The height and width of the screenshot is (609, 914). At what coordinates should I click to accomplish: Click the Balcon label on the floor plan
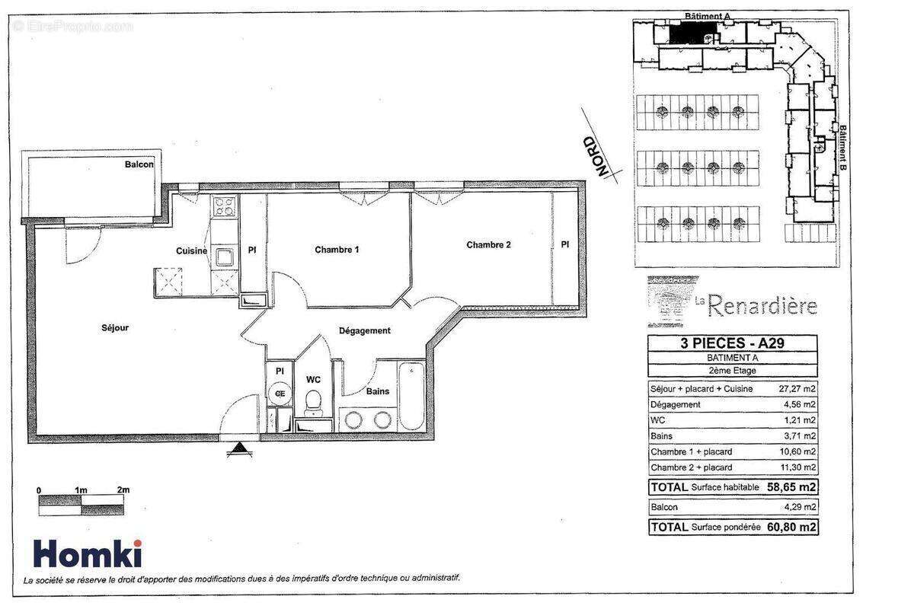tap(139, 164)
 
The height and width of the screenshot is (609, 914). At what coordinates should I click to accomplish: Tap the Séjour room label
tap(115, 328)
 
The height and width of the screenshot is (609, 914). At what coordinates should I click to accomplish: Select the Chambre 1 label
tap(337, 250)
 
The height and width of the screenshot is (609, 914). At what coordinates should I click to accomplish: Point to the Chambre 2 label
tap(488, 245)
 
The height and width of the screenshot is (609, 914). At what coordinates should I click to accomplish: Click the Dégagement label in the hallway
tap(364, 330)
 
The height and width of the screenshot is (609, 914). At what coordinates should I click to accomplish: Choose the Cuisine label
tap(191, 251)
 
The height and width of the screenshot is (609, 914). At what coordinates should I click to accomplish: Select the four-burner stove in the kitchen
tap(224, 206)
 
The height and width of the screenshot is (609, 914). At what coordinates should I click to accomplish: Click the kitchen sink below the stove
tap(225, 257)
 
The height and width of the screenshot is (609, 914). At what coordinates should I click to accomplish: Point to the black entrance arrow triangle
tap(240, 450)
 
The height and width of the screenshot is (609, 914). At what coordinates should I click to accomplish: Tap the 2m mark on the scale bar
tap(122, 489)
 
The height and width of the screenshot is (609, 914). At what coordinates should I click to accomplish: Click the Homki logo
tap(86, 553)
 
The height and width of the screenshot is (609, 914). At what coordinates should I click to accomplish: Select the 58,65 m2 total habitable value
tap(791, 486)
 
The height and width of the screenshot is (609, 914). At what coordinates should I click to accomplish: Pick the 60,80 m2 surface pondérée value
tap(791, 526)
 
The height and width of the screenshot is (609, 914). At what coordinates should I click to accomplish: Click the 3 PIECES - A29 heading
tap(732, 343)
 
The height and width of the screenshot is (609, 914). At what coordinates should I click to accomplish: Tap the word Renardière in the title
tap(762, 305)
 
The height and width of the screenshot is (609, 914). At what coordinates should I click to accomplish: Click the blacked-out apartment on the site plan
tap(693, 33)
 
